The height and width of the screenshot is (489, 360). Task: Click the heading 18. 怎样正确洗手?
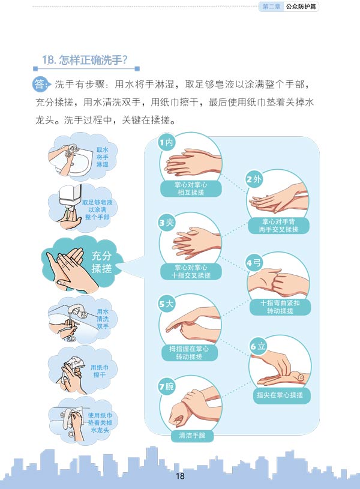point(85,60)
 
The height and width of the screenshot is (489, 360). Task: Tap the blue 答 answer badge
point(40,84)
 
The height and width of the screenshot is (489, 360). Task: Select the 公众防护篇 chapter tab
point(301,6)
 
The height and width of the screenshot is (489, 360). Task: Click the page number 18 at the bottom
point(181,476)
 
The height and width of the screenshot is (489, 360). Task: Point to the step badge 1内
point(166,143)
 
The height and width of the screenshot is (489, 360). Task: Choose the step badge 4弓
point(254,263)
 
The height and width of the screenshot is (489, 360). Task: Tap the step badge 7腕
point(167,386)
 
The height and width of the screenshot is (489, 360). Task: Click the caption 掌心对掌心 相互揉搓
point(191,188)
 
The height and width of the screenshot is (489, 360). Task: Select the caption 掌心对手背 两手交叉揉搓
point(278,226)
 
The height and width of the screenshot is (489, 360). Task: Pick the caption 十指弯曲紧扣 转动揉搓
point(280,307)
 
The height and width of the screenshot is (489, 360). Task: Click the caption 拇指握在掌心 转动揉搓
point(189,353)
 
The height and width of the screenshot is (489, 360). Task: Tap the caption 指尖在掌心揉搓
point(280,395)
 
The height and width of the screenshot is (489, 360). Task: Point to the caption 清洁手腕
point(192,435)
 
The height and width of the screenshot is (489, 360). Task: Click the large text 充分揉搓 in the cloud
point(101,262)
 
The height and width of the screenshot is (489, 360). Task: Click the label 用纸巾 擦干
point(100,371)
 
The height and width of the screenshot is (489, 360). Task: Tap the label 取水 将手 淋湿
point(102,157)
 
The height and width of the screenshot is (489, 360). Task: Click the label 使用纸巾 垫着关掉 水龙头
point(100,422)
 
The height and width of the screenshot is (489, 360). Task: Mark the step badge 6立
point(257,346)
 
